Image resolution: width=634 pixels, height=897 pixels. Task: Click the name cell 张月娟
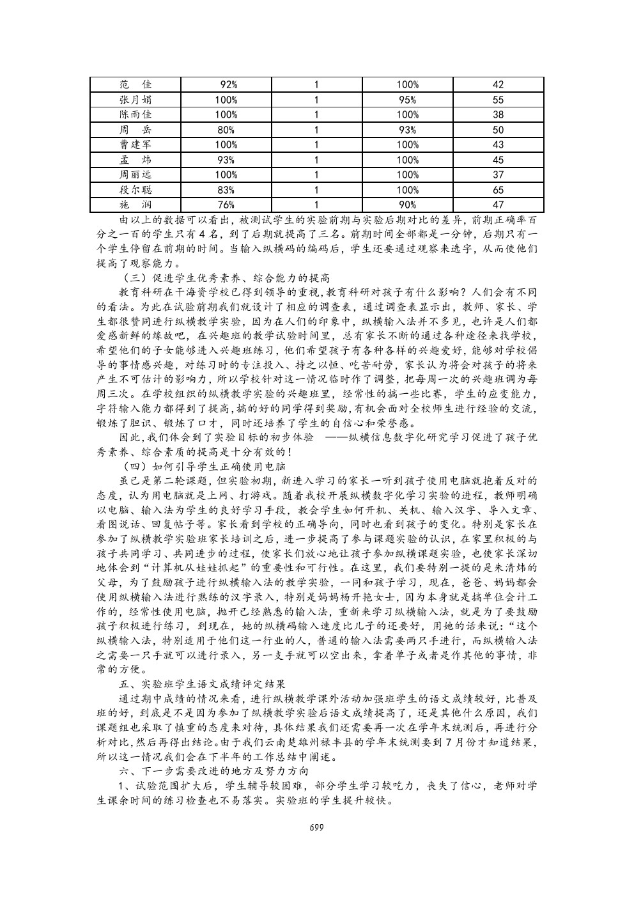[x=135, y=100]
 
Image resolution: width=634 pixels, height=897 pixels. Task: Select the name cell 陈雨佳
[x=135, y=114]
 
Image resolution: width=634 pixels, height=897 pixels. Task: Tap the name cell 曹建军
[x=135, y=144]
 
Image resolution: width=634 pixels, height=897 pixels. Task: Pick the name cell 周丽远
[x=135, y=175]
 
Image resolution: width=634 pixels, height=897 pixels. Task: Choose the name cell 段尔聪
[x=135, y=190]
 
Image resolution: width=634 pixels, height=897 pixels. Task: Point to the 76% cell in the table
[x=226, y=205]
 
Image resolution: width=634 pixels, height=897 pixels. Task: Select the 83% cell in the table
[x=226, y=190]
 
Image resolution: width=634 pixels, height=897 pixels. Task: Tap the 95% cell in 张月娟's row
[x=407, y=100]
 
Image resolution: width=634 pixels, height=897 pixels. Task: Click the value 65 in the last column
[x=499, y=190]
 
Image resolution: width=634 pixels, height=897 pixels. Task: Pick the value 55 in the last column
[x=499, y=100]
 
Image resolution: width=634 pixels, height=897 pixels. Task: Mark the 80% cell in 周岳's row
[x=226, y=130]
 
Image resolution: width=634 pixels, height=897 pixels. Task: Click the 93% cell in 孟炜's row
[x=226, y=160]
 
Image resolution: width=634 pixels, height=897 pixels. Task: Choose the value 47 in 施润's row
[x=499, y=205]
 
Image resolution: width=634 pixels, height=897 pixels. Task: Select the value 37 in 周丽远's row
[x=499, y=175]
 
